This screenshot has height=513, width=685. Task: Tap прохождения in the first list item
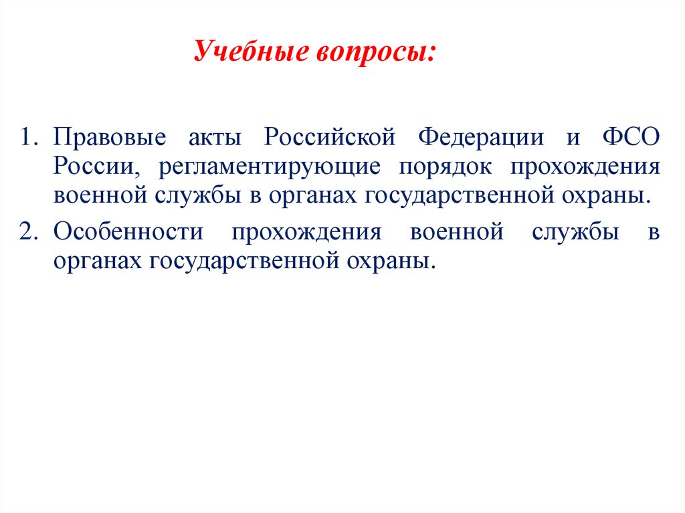point(586,167)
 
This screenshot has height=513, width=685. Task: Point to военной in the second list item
point(457,233)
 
